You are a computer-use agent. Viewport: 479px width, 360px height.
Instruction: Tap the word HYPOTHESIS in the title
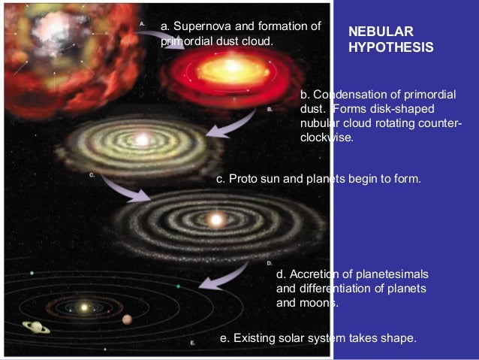(x=391, y=47)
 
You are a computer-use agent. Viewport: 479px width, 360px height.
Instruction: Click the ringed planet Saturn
(x=35, y=327)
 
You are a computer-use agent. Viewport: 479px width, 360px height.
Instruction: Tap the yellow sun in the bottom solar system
(x=84, y=307)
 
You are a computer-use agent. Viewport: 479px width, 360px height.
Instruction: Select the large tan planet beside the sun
(x=127, y=319)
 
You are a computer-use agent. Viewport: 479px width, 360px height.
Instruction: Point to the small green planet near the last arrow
(x=178, y=286)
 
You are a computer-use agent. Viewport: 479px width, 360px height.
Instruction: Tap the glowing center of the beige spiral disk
(x=140, y=139)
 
